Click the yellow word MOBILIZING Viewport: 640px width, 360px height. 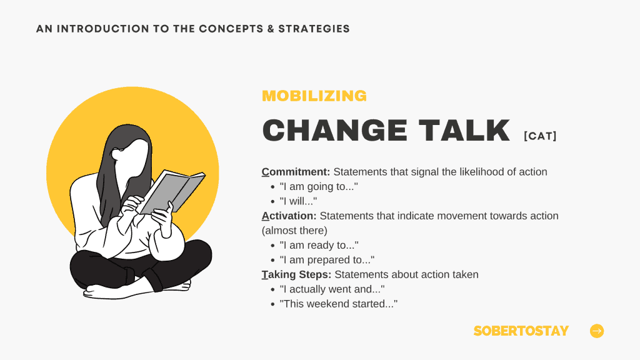pos(314,96)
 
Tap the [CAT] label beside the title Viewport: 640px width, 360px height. pos(540,136)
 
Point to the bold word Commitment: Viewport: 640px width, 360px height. pos(296,172)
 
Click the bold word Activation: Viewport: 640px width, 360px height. pos(289,216)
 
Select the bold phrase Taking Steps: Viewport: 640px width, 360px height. pos(296,275)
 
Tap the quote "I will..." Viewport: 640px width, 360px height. pos(298,201)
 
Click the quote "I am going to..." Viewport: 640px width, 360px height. pos(319,186)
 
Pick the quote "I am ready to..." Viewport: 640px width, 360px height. pos(319,245)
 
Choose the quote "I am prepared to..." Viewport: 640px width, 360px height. pos(327,260)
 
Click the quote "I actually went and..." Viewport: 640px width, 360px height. pos(332,289)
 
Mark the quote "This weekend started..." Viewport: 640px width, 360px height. pos(338,304)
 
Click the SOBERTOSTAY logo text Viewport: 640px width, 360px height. pos(521,331)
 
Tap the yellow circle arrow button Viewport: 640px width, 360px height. pos(597,331)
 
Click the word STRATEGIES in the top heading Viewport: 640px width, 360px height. pos(314,29)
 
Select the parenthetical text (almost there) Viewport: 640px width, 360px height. pos(294,231)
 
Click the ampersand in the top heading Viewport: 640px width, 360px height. pos(271,29)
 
